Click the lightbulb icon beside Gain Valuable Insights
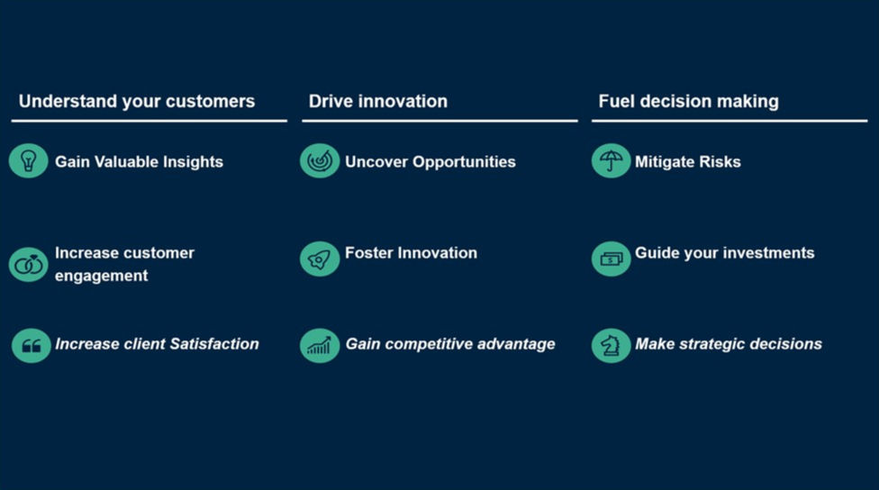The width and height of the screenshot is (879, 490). click(x=28, y=161)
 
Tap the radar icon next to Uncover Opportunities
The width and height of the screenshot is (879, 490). click(x=320, y=161)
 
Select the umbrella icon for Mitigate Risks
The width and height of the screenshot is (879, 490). click(x=611, y=161)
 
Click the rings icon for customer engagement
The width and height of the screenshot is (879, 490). click(x=28, y=264)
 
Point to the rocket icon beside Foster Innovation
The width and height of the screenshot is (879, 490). click(x=320, y=259)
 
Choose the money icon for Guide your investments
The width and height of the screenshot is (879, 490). click(x=611, y=259)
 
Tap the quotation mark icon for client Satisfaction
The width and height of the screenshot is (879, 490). click(x=31, y=345)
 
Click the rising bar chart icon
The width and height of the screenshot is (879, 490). click(x=320, y=345)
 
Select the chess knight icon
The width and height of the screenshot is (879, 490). click(x=611, y=345)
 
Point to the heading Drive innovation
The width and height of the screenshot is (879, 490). click(x=378, y=101)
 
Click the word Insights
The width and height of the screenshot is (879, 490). click(x=193, y=162)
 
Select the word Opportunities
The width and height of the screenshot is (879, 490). click(x=464, y=162)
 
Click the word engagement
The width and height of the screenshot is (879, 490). click(x=102, y=276)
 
